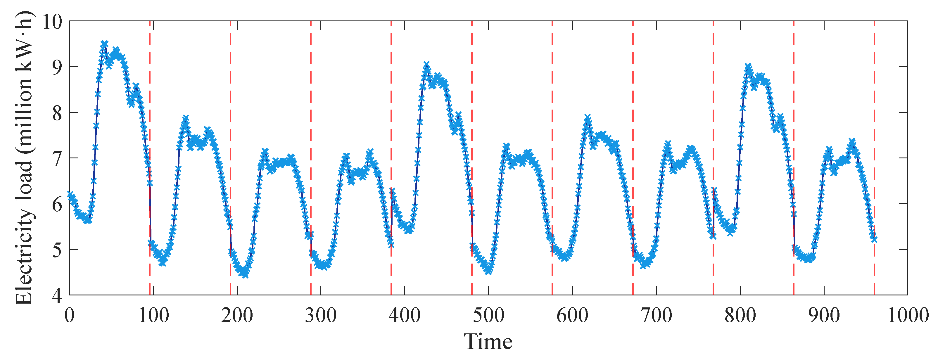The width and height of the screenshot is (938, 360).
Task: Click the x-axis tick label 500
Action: [488, 315]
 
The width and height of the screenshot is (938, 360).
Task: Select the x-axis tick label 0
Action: [70, 315]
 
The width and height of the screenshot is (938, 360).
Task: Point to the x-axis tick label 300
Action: [321, 315]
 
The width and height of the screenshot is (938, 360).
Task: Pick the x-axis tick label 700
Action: [657, 315]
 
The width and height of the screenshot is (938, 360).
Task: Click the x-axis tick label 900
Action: [824, 315]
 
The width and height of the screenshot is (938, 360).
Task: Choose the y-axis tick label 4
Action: [58, 295]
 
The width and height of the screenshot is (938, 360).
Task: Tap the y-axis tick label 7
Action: [58, 159]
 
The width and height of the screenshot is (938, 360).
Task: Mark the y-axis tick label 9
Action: [58, 67]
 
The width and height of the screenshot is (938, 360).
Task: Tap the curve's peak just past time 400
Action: [426, 65]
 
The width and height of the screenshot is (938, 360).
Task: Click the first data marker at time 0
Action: [70, 195]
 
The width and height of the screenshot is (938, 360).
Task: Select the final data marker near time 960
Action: [874, 239]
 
